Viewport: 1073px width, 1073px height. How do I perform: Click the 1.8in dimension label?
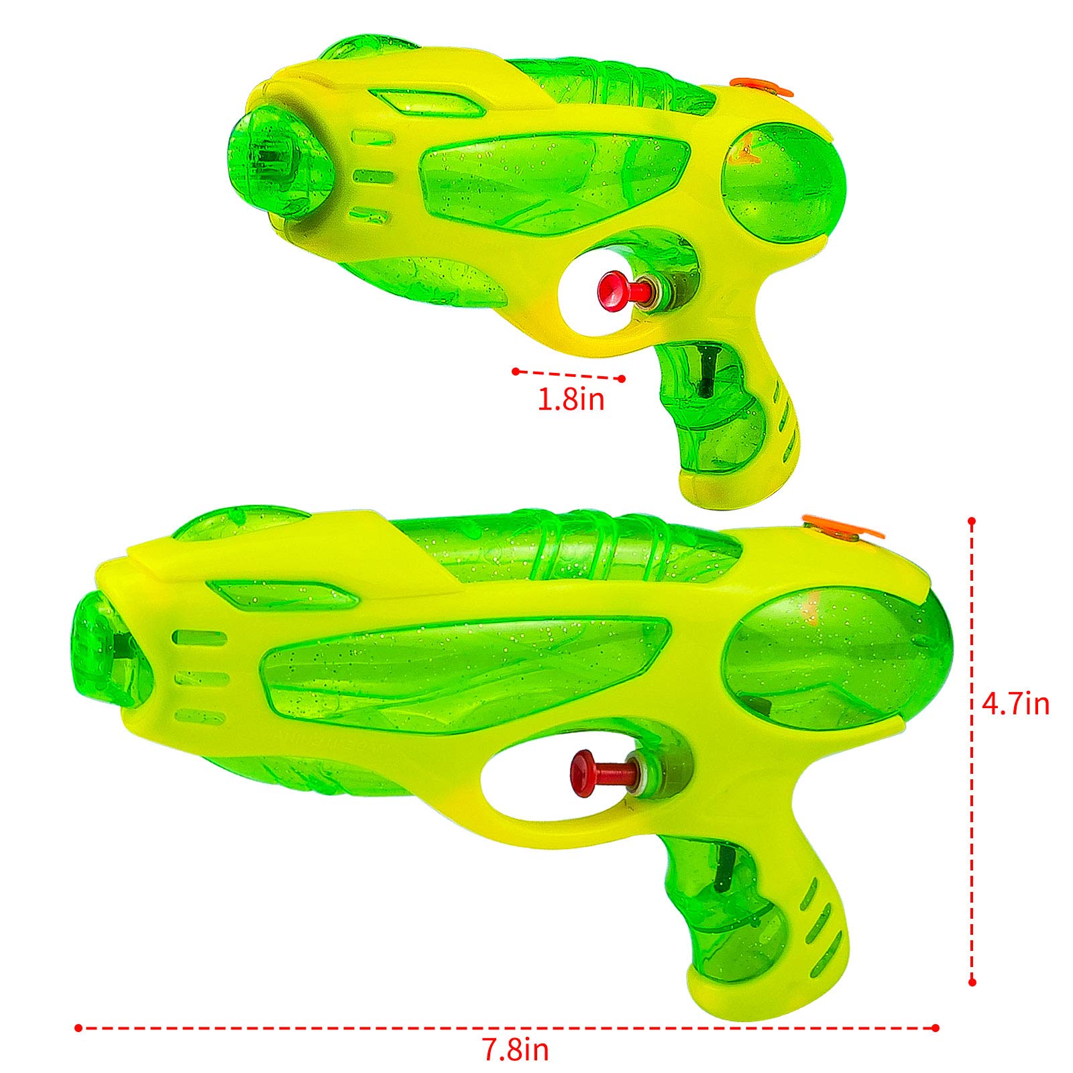tap(571, 400)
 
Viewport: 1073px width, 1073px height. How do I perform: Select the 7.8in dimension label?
tap(516, 1050)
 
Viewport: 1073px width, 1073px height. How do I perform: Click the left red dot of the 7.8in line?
tap(78, 1027)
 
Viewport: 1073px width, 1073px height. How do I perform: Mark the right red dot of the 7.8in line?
tap(936, 1027)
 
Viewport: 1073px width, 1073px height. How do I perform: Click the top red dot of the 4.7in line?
tap(972, 521)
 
